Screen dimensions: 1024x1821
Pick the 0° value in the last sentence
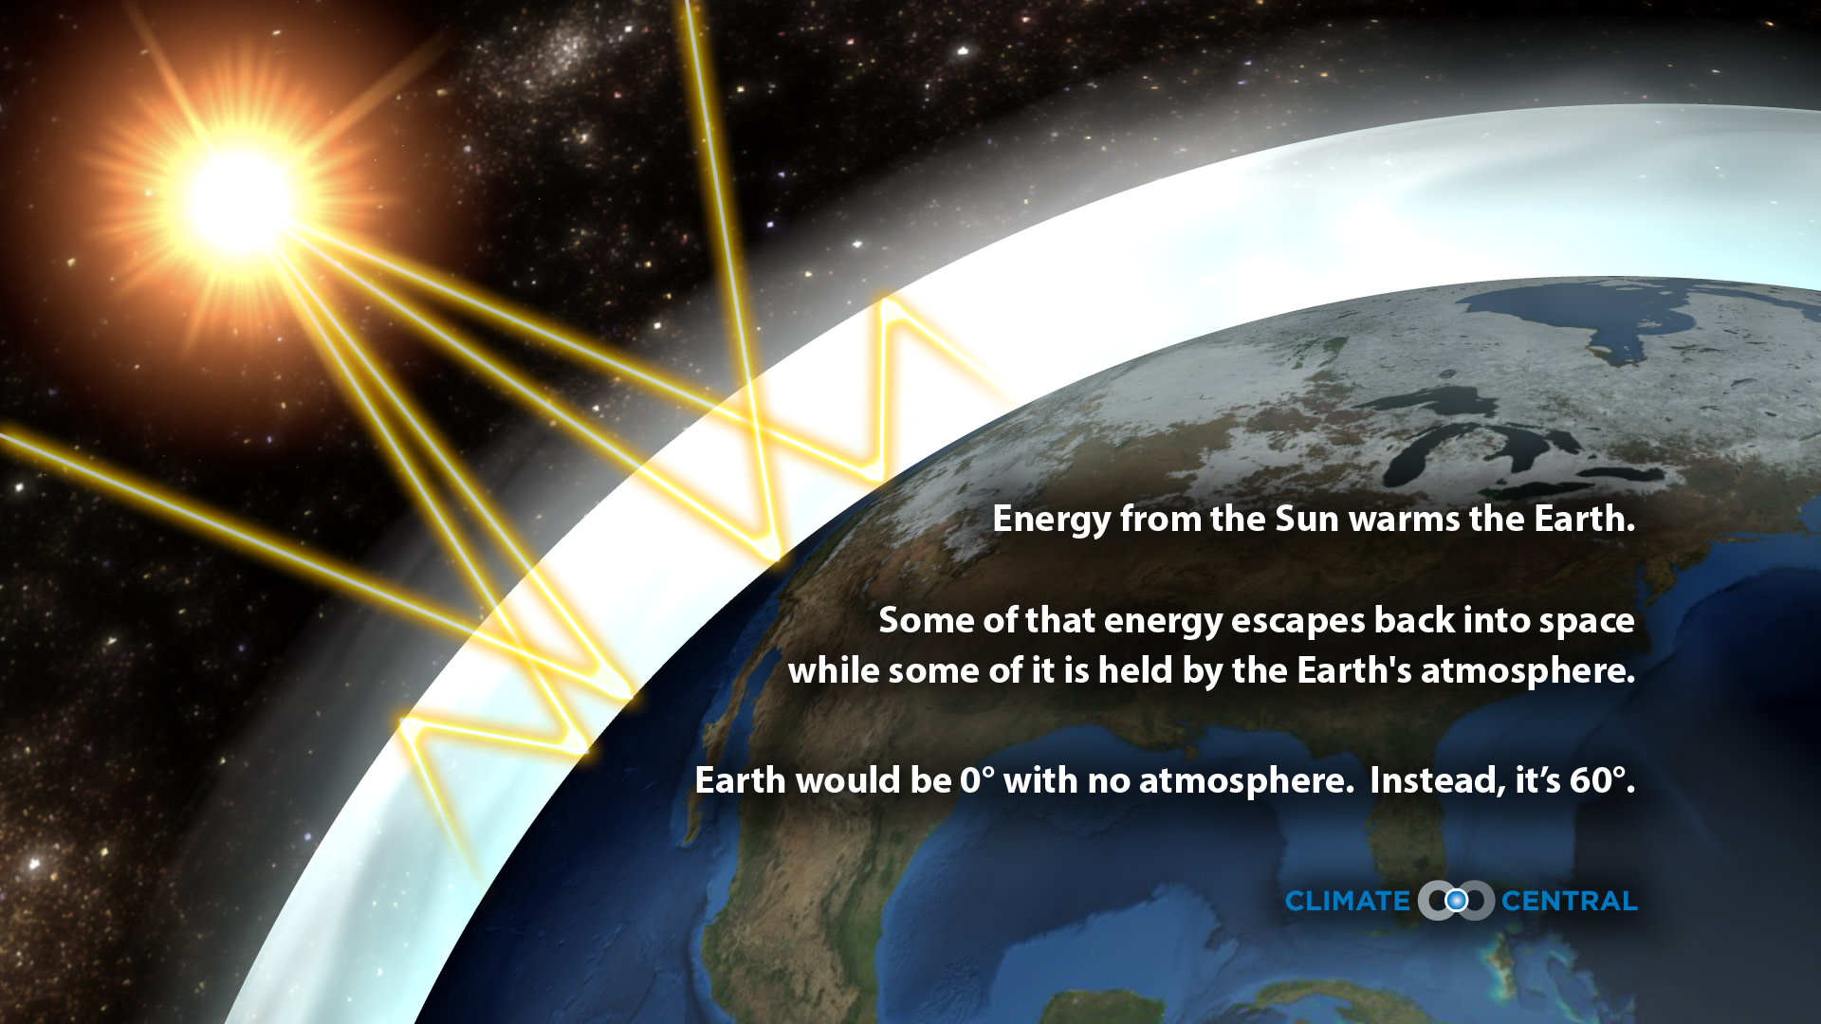[x=978, y=780]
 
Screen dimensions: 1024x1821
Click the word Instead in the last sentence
[x=1436, y=780]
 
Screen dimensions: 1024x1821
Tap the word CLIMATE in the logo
[x=1347, y=901]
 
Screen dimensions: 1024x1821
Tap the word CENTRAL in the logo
[x=1569, y=901]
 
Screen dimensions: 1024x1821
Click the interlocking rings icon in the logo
[x=1456, y=900]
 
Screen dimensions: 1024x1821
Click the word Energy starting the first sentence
[x=1051, y=520]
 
